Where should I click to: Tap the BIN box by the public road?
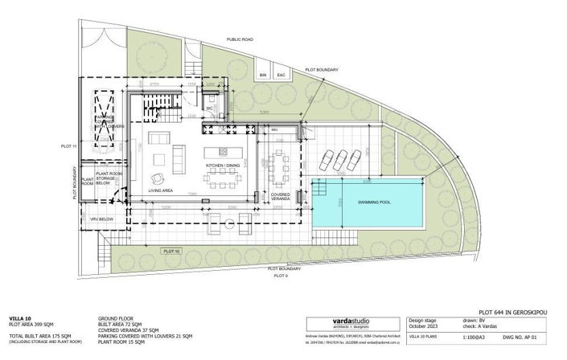pos(262,75)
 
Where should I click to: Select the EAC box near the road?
pos(281,75)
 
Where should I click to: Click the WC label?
pos(208,107)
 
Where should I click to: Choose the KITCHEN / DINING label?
pos(223,165)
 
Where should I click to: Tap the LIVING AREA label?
pos(161,191)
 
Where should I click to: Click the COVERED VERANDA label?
pos(281,195)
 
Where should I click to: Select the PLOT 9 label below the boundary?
pos(281,275)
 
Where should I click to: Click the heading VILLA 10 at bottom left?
pos(21,318)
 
